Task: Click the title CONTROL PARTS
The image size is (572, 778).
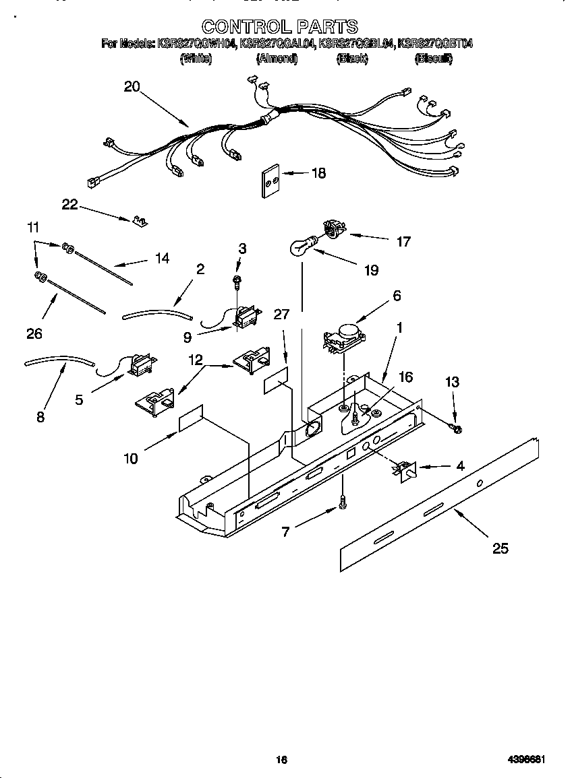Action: (280, 26)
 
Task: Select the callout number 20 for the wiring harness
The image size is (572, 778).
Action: (132, 86)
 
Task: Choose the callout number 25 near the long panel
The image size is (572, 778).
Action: (500, 548)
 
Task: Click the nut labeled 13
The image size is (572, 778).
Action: (456, 428)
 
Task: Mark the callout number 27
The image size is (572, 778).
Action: (282, 315)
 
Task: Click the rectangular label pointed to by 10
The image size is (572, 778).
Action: (191, 418)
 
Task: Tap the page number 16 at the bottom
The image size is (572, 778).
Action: (282, 760)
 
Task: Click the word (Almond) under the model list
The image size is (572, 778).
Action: (277, 59)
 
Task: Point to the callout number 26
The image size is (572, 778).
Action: (34, 333)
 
